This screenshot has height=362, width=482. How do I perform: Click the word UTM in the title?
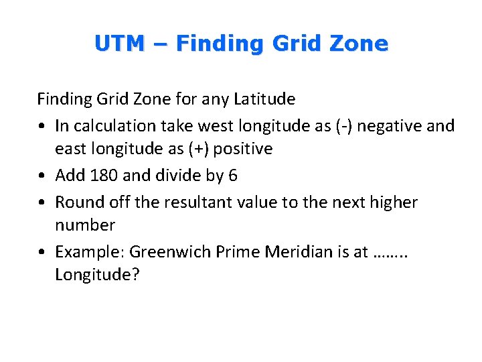[119, 44]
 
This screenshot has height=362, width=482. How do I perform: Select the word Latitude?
[264, 99]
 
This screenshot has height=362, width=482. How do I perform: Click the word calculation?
[115, 125]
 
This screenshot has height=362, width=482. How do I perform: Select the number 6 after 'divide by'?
[232, 176]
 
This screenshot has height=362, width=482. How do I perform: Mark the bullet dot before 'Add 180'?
[42, 176]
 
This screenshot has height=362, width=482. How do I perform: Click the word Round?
[78, 202]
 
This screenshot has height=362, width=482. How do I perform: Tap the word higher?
[393, 202]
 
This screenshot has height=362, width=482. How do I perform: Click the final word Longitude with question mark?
[98, 275]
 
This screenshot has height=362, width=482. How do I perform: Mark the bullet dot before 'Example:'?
[42, 252]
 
